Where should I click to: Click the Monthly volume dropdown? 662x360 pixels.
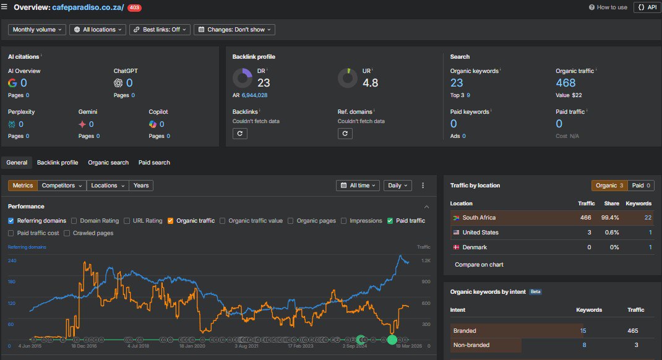[37, 30]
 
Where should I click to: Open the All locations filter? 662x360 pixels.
[98, 30]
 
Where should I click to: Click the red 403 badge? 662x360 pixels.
[135, 7]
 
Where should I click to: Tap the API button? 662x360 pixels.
[647, 7]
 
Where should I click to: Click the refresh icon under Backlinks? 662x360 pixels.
[240, 134]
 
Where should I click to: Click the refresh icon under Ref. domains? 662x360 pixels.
[345, 134]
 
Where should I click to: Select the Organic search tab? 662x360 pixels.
[108, 163]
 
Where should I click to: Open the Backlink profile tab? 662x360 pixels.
[58, 163]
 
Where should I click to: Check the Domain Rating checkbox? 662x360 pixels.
[74, 221]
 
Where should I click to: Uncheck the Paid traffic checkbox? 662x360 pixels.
[390, 221]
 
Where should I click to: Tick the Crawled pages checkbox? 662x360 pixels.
[67, 233]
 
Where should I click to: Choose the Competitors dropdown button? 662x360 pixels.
[62, 186]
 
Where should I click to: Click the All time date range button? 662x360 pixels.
[358, 186]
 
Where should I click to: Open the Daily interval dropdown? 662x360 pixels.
[398, 186]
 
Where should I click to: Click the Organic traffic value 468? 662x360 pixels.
[565, 83]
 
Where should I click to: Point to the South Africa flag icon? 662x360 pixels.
[456, 218]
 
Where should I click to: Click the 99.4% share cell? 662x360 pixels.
[610, 218]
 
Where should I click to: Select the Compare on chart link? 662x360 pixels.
[479, 265]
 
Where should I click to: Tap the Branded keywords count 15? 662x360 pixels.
[583, 331]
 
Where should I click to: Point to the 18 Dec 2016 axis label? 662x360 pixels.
[84, 346]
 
